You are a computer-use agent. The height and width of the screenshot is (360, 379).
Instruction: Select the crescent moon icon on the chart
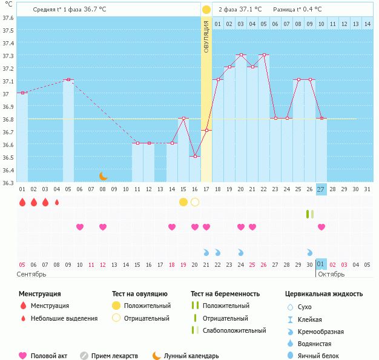pyautogui.click(x=103, y=175)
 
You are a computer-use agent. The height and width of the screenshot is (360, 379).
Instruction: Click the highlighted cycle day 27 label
pyautogui.click(x=321, y=189)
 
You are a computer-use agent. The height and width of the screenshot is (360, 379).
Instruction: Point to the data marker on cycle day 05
pyautogui.click(x=68, y=79)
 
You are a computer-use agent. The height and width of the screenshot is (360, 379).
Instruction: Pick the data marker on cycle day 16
pyautogui.click(x=194, y=157)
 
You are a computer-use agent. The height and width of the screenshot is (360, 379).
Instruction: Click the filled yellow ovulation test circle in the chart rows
pyautogui.click(x=183, y=202)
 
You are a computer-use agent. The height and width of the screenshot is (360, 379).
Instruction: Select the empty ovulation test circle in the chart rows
pyautogui.click(x=194, y=202)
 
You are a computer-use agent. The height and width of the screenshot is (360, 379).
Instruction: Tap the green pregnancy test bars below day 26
pyautogui.click(x=309, y=214)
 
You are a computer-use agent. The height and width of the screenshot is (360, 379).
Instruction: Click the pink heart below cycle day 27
pyautogui.click(x=321, y=227)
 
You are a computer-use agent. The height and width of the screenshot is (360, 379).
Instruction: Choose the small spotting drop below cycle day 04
pyautogui.click(x=57, y=202)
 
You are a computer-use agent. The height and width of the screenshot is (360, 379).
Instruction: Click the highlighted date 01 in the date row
pyautogui.click(x=321, y=264)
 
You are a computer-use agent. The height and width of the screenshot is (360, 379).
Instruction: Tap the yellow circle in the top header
pyautogui.click(x=206, y=10)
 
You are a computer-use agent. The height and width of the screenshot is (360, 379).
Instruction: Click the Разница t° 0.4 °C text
pyautogui.click(x=297, y=10)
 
